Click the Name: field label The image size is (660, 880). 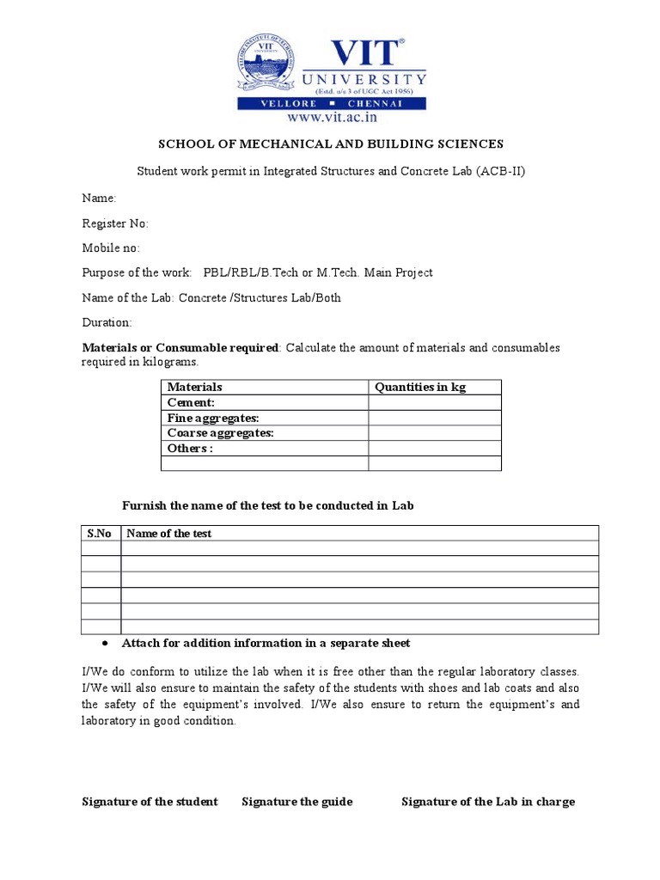(99, 198)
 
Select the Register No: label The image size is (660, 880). (115, 223)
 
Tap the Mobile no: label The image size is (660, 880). (111, 248)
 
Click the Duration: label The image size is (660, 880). (107, 322)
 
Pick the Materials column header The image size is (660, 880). (194, 388)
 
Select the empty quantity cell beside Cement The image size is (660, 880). (435, 403)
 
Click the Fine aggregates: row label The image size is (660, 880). (213, 418)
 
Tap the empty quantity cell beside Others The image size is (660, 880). (435, 448)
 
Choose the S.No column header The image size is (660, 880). (100, 534)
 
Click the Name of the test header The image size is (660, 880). (168, 534)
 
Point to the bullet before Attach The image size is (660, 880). (104, 644)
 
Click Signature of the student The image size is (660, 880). (150, 802)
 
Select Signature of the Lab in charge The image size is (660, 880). (488, 802)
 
